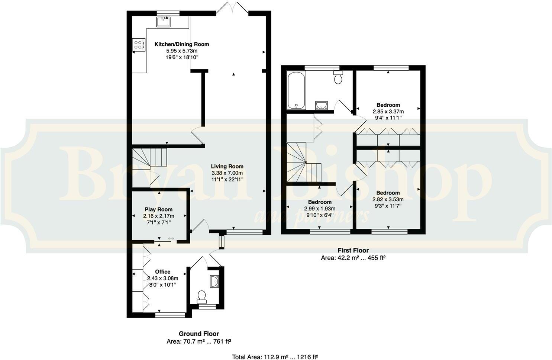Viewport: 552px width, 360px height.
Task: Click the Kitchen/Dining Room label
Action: coord(182,44)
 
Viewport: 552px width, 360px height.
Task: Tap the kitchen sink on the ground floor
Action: coord(163,22)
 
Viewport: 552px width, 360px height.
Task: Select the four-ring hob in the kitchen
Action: coord(138,45)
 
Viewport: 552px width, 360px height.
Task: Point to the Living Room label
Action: coord(227,167)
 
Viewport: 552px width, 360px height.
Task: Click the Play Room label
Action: coord(159,209)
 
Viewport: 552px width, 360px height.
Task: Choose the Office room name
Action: coord(162,272)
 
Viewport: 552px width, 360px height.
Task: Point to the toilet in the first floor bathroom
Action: coord(338,78)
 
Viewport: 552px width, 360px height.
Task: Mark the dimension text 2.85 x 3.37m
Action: coord(388,111)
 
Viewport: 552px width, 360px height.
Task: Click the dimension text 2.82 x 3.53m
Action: coord(388,199)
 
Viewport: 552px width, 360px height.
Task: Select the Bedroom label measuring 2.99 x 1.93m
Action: coord(320,202)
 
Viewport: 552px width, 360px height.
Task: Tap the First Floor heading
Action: coord(353,250)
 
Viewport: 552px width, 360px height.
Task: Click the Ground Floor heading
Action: coord(199,334)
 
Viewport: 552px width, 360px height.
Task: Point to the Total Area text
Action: coord(275,357)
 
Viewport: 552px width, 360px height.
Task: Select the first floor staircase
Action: coord(301,164)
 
